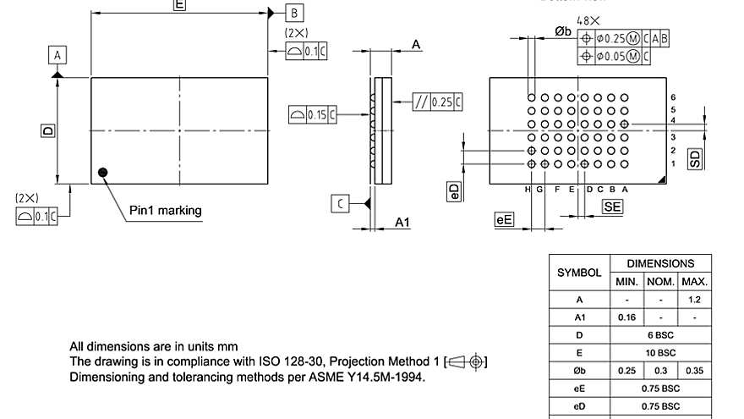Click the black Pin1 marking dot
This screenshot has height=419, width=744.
tap(103, 173)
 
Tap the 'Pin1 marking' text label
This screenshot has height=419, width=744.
tap(165, 210)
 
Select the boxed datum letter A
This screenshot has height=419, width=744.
tap(57, 55)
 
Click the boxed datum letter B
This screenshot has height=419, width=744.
tap(294, 13)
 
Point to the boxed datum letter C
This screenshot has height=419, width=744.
tap(340, 204)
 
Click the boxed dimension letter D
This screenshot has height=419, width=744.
tap(48, 130)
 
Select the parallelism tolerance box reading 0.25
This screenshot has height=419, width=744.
tap(437, 102)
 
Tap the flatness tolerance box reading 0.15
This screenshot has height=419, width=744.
tap(310, 114)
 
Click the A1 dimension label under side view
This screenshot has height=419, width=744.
tap(403, 222)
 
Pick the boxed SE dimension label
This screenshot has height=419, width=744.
tap(612, 206)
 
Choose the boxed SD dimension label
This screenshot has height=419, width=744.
tap(695, 158)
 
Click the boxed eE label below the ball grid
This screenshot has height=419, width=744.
tap(505, 220)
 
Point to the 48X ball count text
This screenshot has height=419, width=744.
tap(588, 20)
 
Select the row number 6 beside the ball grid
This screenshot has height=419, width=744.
tap(673, 98)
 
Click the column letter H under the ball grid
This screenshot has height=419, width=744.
tap(528, 190)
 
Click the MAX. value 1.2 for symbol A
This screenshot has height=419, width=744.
tap(694, 300)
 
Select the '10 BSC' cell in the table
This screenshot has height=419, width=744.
tap(660, 352)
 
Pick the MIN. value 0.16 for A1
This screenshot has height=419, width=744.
tap(626, 317)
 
